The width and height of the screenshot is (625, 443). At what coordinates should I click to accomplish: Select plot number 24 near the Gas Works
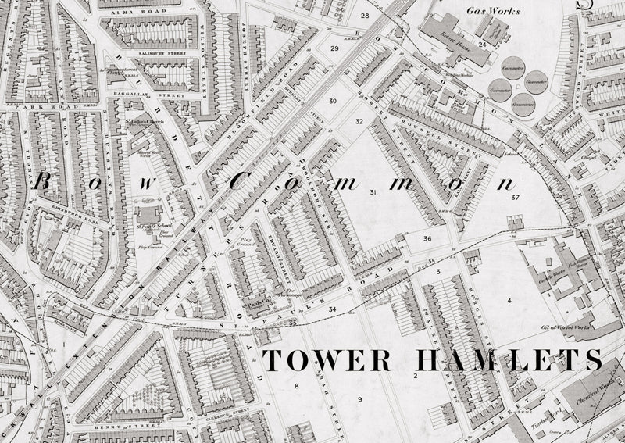[483, 45]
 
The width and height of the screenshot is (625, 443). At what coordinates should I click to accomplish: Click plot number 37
[516, 198]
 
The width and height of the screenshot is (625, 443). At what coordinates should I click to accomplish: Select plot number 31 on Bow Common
[373, 192]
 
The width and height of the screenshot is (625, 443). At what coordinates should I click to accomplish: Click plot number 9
[360, 399]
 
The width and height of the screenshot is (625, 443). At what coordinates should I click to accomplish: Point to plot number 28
[364, 16]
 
